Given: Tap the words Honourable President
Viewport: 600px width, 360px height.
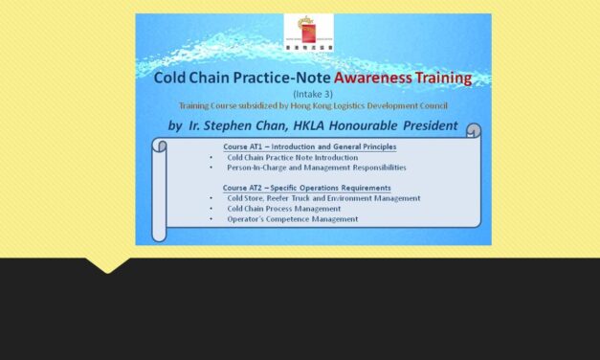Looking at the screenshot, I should point(408,124).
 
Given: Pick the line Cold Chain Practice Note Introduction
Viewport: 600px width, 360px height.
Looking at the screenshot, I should point(292,157).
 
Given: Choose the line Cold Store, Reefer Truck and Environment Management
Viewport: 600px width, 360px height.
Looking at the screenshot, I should point(323,198).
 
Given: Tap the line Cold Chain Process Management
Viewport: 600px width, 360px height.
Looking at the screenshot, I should point(283,209).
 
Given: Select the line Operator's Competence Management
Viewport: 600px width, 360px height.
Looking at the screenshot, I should point(292,219).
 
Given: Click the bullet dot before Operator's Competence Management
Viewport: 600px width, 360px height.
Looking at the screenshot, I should point(210,219).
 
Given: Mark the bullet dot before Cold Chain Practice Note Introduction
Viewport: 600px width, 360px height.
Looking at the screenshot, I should point(210,157).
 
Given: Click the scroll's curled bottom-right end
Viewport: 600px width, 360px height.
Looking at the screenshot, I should point(474,221).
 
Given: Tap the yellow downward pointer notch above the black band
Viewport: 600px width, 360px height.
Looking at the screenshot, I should point(107,265).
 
